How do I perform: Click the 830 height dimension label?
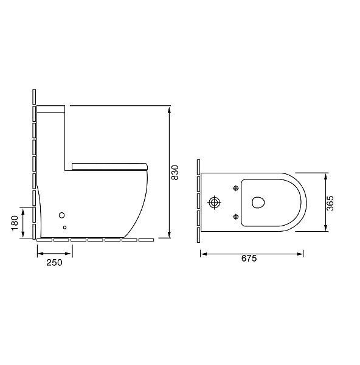(175, 172)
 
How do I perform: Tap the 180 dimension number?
(15, 223)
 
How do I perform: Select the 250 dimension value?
(55, 263)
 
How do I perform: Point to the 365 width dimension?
(330, 203)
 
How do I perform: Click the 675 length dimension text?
(249, 259)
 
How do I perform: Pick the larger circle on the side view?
(61, 215)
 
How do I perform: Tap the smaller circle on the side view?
(64, 228)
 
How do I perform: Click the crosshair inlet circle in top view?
(214, 203)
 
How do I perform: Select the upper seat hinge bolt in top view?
(236, 188)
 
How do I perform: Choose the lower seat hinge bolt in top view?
(236, 217)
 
